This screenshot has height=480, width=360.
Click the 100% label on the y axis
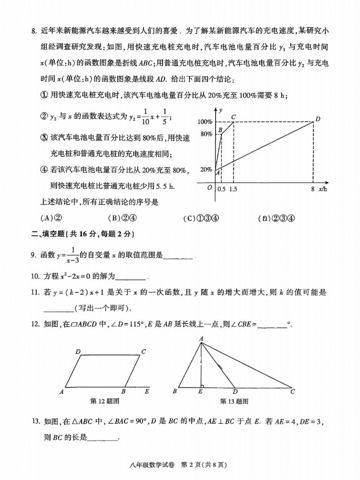(205, 122)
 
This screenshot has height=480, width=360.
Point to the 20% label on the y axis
(207, 169)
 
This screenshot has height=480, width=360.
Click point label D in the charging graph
(317, 119)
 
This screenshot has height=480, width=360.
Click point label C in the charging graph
(233, 116)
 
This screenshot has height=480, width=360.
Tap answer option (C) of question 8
(202, 217)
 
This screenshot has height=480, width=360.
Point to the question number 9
(33, 255)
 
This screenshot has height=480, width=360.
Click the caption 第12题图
(105, 401)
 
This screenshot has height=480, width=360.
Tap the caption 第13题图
(234, 401)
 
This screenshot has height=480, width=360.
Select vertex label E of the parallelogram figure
(147, 391)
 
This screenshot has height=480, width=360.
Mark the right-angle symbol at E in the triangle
(202, 386)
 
